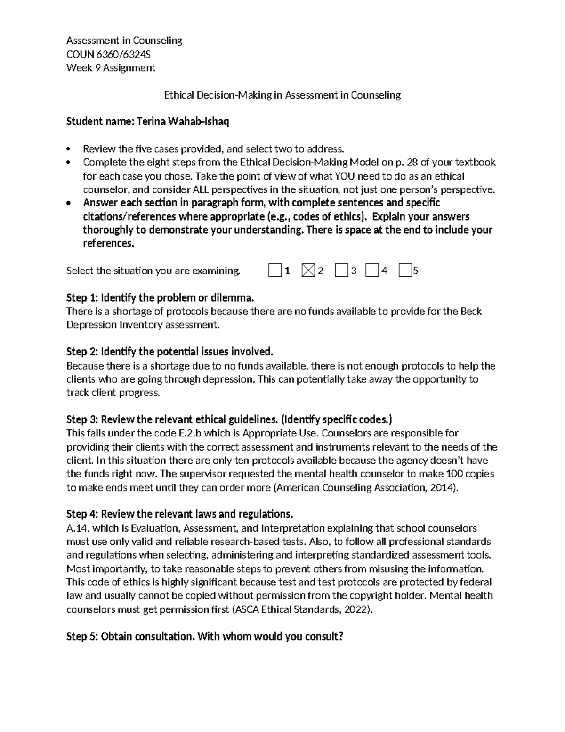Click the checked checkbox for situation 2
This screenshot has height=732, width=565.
click(x=307, y=271)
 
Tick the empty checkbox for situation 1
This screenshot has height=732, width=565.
click(x=274, y=271)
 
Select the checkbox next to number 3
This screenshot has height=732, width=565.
click(x=341, y=271)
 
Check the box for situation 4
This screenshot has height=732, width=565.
click(x=372, y=271)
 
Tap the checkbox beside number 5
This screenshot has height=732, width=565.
click(x=404, y=271)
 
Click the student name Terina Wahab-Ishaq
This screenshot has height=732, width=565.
click(x=183, y=122)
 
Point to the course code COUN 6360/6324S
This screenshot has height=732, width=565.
click(x=109, y=54)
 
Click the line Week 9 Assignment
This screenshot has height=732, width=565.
click(x=111, y=68)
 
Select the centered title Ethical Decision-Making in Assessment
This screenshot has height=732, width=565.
click(x=282, y=95)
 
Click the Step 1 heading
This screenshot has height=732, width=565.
click(x=160, y=298)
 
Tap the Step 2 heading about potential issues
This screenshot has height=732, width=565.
click(x=169, y=352)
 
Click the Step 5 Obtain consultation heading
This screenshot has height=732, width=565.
click(x=205, y=637)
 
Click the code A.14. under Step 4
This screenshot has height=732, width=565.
click(x=78, y=528)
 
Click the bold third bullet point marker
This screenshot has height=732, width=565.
click(x=69, y=204)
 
